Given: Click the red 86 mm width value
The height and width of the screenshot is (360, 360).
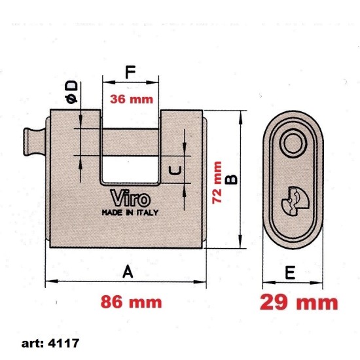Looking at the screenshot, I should click(130, 302).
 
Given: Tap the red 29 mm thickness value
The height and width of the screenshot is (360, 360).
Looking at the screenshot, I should click(299, 302).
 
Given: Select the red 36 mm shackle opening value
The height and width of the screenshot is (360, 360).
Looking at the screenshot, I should click(130, 100).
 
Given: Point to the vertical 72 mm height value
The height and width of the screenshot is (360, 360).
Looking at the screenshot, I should click(218, 183).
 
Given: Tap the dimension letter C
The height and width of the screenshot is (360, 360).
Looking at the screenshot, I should click(175, 171).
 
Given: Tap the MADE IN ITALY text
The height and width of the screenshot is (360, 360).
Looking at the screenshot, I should click(130, 213).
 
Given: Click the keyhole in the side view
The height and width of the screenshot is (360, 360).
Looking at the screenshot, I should click(291, 200).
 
